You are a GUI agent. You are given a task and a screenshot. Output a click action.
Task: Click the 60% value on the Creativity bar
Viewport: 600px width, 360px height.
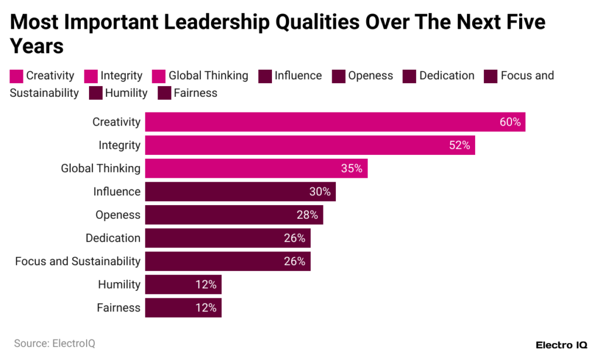[x=510, y=122]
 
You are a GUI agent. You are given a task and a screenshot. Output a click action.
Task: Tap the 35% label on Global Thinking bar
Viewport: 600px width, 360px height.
[x=352, y=168]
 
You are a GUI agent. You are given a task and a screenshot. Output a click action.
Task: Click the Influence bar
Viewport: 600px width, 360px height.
[x=240, y=192]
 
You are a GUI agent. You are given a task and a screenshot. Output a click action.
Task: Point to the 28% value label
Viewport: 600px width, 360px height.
[x=307, y=215]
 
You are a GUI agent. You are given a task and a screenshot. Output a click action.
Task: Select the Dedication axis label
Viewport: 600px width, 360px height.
[x=112, y=238]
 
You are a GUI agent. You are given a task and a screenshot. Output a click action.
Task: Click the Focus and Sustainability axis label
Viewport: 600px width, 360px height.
[x=77, y=261]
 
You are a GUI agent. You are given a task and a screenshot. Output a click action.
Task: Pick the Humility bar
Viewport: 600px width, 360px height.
[x=183, y=284]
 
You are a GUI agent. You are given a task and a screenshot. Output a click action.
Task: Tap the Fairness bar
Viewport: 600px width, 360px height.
[x=183, y=308]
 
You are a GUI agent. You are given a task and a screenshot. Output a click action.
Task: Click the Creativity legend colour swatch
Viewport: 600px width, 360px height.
[x=16, y=76]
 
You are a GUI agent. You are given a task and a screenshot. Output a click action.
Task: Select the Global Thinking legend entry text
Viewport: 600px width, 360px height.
[x=208, y=76]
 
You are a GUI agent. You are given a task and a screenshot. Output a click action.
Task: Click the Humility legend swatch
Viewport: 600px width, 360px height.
[x=96, y=93]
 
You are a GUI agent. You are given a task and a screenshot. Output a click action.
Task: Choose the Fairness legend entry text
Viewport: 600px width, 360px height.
[x=195, y=93]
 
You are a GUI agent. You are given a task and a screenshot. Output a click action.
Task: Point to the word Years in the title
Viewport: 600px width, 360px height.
[x=36, y=46]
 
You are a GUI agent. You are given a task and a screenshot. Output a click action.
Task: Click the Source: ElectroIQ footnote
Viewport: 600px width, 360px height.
[x=54, y=343]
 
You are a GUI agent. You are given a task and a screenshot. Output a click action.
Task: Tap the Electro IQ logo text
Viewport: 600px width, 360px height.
[x=562, y=344]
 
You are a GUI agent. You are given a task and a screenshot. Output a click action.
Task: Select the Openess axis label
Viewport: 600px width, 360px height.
[x=118, y=215]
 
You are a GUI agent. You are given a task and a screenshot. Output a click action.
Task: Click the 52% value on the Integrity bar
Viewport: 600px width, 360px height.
[x=459, y=145]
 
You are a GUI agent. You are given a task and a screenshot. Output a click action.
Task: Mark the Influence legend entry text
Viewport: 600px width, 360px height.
[x=298, y=76]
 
